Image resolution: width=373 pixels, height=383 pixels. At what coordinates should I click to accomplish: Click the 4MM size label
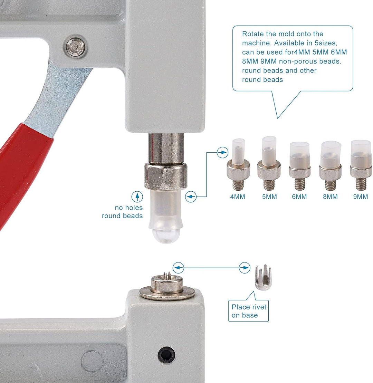coord(237,197)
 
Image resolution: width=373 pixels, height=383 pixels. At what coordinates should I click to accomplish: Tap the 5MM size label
coord(269,197)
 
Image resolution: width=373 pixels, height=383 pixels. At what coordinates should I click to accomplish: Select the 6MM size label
coord(299,197)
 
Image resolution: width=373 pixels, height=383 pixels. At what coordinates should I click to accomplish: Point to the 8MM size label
coord(330,197)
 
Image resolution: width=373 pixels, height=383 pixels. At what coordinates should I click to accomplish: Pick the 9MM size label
coord(361,197)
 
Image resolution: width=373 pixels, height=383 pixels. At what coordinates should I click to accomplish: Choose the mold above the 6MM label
coord(300,166)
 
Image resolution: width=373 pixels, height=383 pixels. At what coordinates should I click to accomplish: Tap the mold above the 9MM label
coord(361,165)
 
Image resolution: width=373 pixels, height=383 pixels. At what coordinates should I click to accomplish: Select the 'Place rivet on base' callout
coord(249,311)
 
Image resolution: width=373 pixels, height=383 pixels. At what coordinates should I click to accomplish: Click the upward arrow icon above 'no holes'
coord(137,197)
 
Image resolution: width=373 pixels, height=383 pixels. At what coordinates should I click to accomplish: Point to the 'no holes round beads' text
coord(122,212)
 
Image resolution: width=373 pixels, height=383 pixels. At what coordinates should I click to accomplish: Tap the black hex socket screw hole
coord(166,355)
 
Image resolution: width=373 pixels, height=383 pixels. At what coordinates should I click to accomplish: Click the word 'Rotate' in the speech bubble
coord(253,34)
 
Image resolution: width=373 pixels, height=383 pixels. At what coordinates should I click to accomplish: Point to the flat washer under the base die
coord(167,293)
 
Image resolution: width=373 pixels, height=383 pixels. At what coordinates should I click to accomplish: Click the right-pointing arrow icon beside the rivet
coord(244,268)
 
